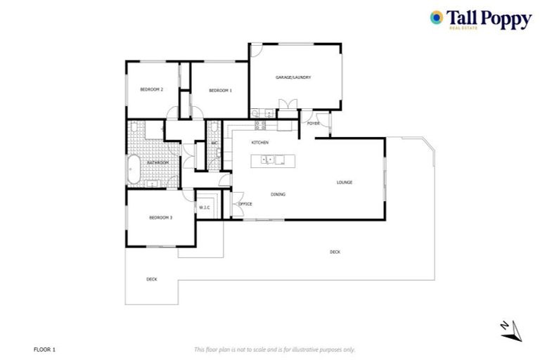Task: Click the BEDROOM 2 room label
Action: pos(151,89)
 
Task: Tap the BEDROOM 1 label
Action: pos(220,90)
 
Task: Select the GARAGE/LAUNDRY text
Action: pos(292,77)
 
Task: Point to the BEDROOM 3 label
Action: pos(160,218)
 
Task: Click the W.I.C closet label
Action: pos(205,207)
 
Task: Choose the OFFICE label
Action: pos(245,204)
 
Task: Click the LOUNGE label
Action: pos(344,182)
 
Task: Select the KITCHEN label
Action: pos(260,143)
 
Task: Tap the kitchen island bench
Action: pos(274,160)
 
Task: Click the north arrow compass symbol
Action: pos(513,329)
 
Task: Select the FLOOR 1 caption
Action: pos(44,349)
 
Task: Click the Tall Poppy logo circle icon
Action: pos(436,18)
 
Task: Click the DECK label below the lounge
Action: pos(335,252)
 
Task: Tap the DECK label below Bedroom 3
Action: pos(151,279)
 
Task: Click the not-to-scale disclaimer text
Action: pos(274,349)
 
